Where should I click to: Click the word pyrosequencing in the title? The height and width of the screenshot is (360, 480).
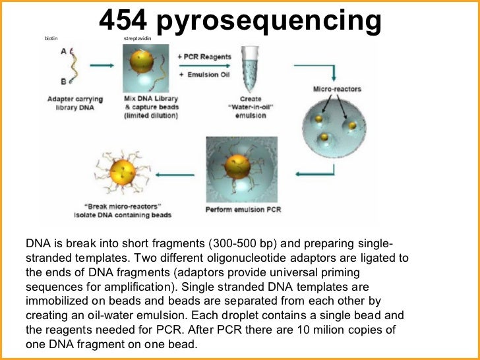(271, 22)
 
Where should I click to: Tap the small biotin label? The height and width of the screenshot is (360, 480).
(51, 39)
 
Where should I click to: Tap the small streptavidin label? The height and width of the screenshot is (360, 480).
(137, 39)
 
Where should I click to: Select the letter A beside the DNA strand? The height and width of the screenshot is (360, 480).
(63, 52)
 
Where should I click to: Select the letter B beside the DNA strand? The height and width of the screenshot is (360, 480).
(63, 81)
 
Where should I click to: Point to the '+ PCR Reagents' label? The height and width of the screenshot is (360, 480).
(204, 57)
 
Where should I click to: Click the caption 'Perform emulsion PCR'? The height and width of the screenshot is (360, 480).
(239, 210)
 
